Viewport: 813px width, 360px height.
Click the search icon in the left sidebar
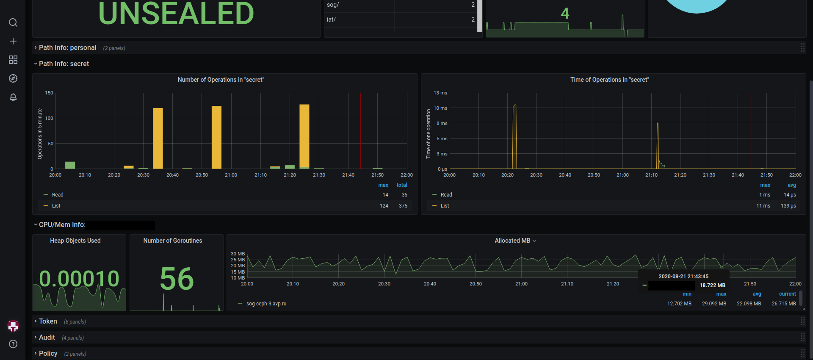click(13, 22)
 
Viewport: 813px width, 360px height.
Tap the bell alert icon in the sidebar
click(13, 97)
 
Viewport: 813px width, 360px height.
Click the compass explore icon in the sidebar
click(13, 78)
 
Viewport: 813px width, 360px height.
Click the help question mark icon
click(13, 344)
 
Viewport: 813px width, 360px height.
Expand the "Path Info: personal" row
click(67, 48)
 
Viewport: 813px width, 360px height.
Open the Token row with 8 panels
click(48, 321)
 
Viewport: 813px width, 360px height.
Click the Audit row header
click(47, 338)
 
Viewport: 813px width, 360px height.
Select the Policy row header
click(48, 354)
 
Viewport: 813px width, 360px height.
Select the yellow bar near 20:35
click(158, 138)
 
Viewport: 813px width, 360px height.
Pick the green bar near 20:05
click(70, 165)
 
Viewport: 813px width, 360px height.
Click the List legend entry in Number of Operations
click(56, 206)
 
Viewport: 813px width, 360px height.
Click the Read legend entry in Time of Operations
click(446, 195)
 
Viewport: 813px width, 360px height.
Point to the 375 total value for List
click(403, 206)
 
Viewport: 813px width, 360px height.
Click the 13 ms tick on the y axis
click(440, 93)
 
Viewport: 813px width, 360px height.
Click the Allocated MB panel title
click(512, 241)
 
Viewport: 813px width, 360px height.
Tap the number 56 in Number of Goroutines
click(177, 279)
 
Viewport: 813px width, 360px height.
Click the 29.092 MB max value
click(714, 304)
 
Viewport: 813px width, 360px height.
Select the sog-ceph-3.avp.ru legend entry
click(266, 304)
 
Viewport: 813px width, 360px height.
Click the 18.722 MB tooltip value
click(712, 285)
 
